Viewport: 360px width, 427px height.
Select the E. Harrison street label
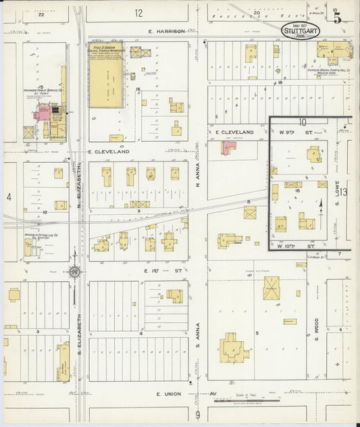[167, 31]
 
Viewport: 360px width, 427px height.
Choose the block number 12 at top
[138, 13]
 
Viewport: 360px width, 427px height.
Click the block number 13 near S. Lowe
[344, 192]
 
